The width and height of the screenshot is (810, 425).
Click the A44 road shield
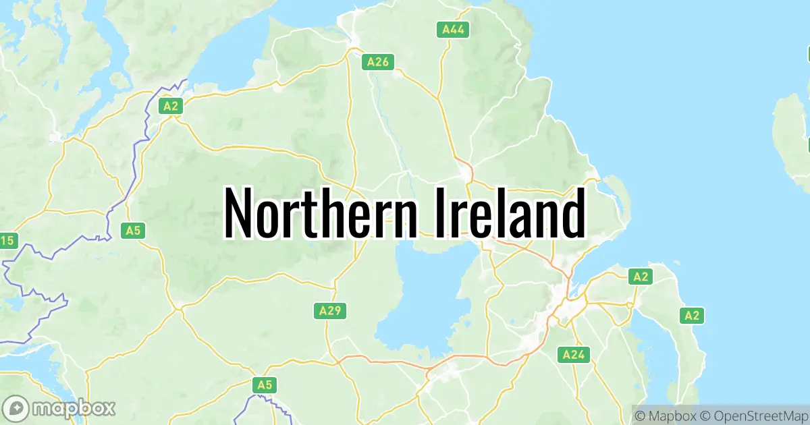coord(452,29)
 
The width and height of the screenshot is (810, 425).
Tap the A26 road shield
coord(377,62)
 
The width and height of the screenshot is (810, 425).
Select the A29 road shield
coord(331,310)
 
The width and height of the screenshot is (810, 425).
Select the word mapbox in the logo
coord(74,408)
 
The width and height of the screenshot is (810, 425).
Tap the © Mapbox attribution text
coord(665,413)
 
